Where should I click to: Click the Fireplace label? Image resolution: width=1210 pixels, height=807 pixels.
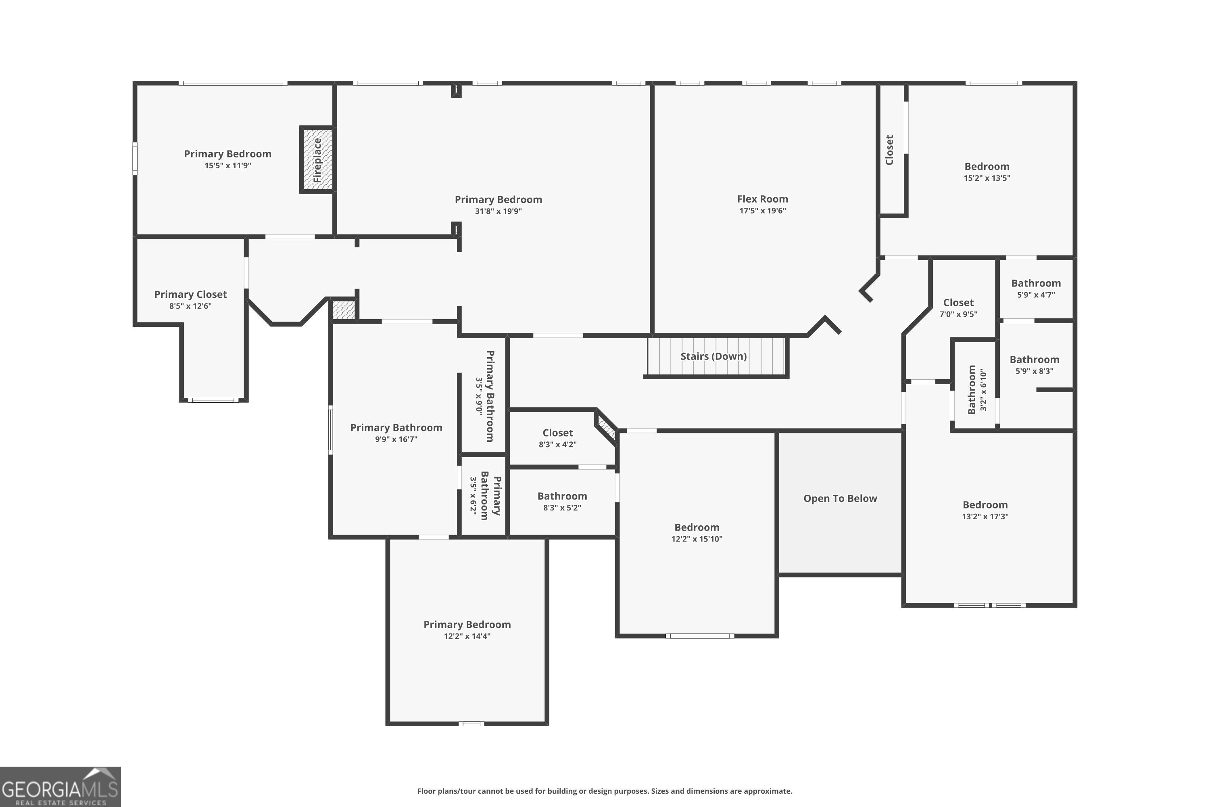pyautogui.click(x=317, y=160)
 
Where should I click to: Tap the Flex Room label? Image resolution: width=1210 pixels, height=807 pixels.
pyautogui.click(x=762, y=199)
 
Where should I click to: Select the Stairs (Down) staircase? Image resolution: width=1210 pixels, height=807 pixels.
pyautogui.click(x=716, y=356)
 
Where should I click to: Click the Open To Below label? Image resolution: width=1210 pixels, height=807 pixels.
pyautogui.click(x=840, y=498)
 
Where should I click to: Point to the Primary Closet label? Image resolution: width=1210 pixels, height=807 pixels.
pyautogui.click(x=190, y=295)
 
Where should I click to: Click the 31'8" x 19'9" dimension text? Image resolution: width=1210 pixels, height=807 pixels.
pyautogui.click(x=498, y=211)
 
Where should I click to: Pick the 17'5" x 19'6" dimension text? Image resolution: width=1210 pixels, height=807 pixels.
pyautogui.click(x=762, y=211)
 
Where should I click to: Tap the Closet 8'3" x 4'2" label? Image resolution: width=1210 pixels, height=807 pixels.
pyautogui.click(x=558, y=438)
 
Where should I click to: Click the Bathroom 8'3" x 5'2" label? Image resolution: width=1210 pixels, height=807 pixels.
pyautogui.click(x=562, y=501)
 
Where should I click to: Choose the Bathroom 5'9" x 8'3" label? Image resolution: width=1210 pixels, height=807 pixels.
pyautogui.click(x=1034, y=364)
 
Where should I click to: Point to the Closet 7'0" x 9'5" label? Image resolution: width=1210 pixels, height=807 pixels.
pyautogui.click(x=958, y=308)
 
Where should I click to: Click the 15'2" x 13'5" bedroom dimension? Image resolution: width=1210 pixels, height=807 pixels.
pyautogui.click(x=987, y=178)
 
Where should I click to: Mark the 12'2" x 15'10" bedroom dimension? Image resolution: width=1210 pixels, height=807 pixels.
pyautogui.click(x=697, y=539)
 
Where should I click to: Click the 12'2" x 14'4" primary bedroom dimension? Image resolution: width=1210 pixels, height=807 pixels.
pyautogui.click(x=467, y=636)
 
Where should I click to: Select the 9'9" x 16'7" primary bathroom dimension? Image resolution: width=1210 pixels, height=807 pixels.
pyautogui.click(x=396, y=439)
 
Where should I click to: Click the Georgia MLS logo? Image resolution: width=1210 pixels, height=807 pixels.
pyautogui.click(x=60, y=787)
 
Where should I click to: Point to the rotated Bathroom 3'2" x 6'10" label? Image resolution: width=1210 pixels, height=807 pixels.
pyautogui.click(x=977, y=390)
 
